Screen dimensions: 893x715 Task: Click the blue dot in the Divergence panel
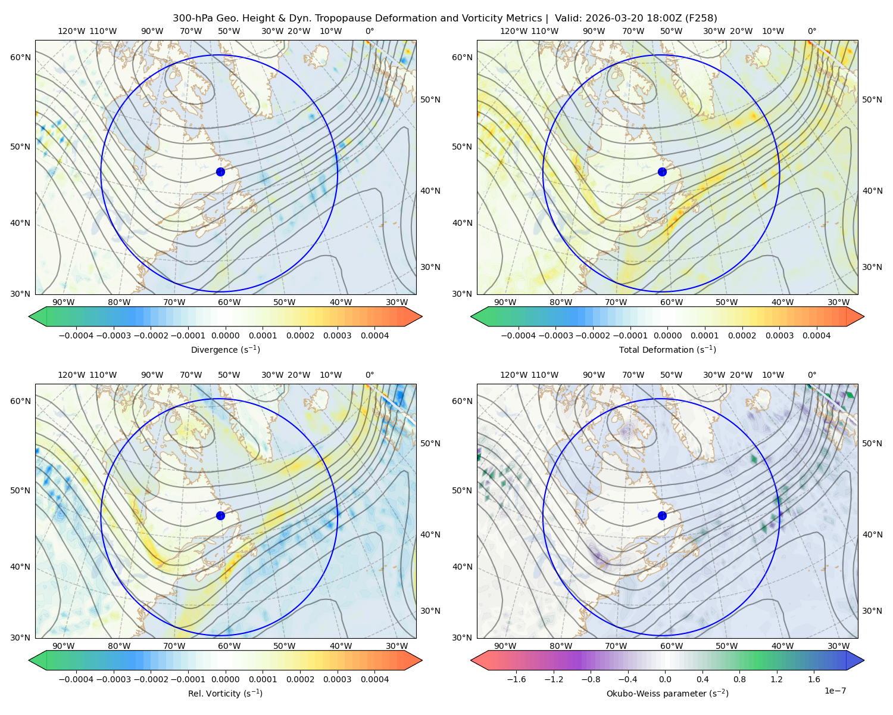click(220, 172)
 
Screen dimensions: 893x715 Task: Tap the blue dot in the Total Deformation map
click(662, 172)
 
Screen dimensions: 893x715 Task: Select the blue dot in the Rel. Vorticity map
click(220, 515)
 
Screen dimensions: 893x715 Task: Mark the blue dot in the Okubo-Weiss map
click(662, 515)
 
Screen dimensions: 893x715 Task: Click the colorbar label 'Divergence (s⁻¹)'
click(225, 349)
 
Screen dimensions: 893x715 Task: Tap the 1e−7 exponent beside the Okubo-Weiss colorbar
click(835, 691)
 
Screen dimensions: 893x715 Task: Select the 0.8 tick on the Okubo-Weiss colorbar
click(739, 679)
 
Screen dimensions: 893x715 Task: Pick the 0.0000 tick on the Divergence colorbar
click(225, 335)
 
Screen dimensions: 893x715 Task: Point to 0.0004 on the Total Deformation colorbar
click(816, 335)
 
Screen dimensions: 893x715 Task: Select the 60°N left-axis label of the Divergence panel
click(20, 57)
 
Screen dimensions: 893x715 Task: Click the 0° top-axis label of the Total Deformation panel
click(811, 31)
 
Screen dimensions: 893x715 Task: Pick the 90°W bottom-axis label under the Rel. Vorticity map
click(64, 646)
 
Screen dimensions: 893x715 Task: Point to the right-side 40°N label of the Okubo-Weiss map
click(872, 534)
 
